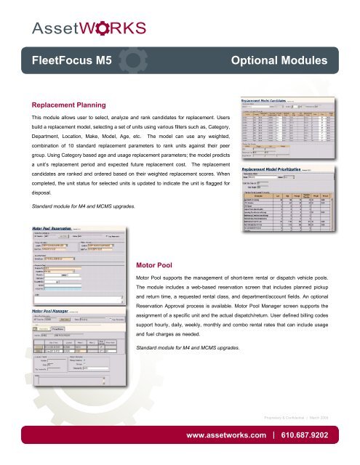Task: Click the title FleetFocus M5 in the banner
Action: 66,62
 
